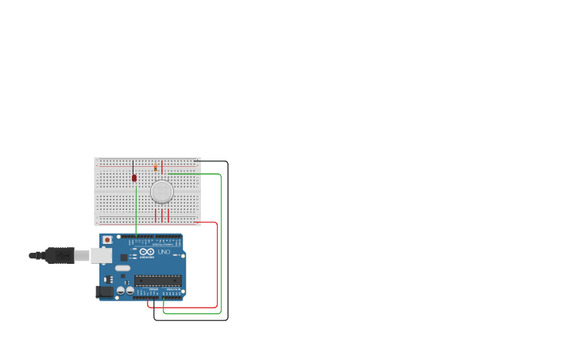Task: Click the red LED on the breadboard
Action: pyautogui.click(x=134, y=178)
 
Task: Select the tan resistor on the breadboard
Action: pyautogui.click(x=156, y=167)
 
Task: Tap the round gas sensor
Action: pyautogui.click(x=162, y=192)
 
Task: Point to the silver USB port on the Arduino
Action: pyautogui.click(x=101, y=255)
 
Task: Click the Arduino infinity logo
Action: pyautogui.click(x=147, y=251)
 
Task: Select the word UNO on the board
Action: pyautogui.click(x=164, y=253)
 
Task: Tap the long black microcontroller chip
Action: pyautogui.click(x=157, y=280)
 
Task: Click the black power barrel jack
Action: pyautogui.click(x=104, y=292)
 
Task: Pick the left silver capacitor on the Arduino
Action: pyautogui.click(x=121, y=291)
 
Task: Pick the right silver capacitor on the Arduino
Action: pyautogui.click(x=130, y=291)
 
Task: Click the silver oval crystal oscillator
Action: pyautogui.click(x=122, y=269)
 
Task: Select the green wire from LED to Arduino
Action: pyautogui.click(x=136, y=208)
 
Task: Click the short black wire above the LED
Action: pyautogui.click(x=133, y=167)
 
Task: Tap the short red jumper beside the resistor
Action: pyautogui.click(x=162, y=167)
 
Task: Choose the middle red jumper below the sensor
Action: pyautogui.click(x=162, y=215)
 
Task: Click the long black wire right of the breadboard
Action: pyautogui.click(x=227, y=238)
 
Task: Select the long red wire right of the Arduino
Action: pyautogui.click(x=216, y=262)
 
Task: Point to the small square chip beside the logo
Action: pyautogui.click(x=124, y=257)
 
